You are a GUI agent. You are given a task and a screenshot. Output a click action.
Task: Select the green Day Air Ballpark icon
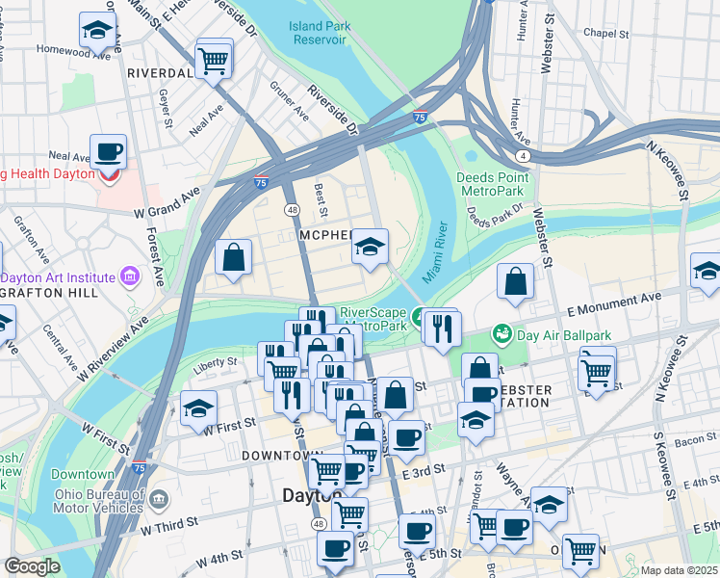pos(501,334)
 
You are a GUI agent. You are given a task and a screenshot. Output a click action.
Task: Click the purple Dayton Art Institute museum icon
pos(129,277)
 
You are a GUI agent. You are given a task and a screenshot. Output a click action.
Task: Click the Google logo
pos(32,565)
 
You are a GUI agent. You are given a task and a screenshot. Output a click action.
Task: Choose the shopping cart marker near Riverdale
pos(214,61)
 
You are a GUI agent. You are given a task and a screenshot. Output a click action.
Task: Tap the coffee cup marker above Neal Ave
pos(108,152)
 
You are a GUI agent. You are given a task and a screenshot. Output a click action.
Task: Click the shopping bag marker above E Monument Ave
pos(516,283)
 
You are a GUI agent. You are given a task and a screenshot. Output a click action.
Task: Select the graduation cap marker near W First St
pos(198,409)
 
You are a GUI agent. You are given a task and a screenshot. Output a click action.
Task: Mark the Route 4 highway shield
pos(522,155)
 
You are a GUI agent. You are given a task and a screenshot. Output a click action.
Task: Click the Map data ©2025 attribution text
pos(679,570)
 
